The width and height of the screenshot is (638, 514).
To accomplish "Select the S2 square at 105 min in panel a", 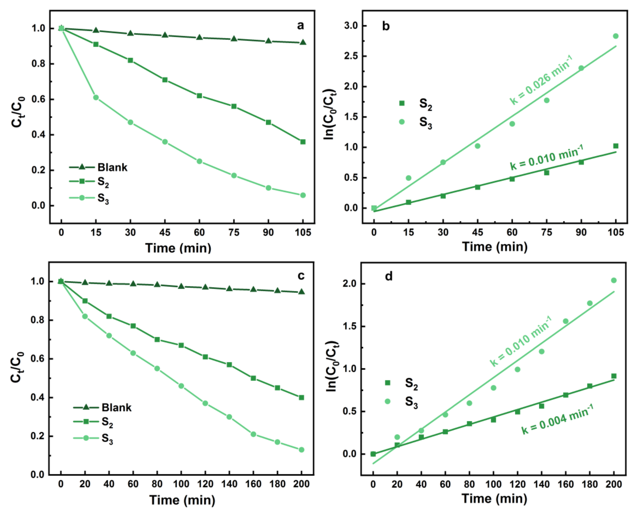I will (303, 142).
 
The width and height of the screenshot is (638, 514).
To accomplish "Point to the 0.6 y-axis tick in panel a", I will (38, 99).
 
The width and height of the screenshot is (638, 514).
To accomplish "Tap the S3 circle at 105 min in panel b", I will (615, 36).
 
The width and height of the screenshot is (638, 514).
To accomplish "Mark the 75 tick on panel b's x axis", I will (547, 232).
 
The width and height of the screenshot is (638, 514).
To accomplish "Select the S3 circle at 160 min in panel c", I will (253, 434).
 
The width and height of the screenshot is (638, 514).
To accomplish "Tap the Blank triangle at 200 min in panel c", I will (301, 292).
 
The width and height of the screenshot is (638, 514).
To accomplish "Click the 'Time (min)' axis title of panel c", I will (182, 500).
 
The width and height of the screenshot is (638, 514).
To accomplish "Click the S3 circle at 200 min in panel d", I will (614, 280).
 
